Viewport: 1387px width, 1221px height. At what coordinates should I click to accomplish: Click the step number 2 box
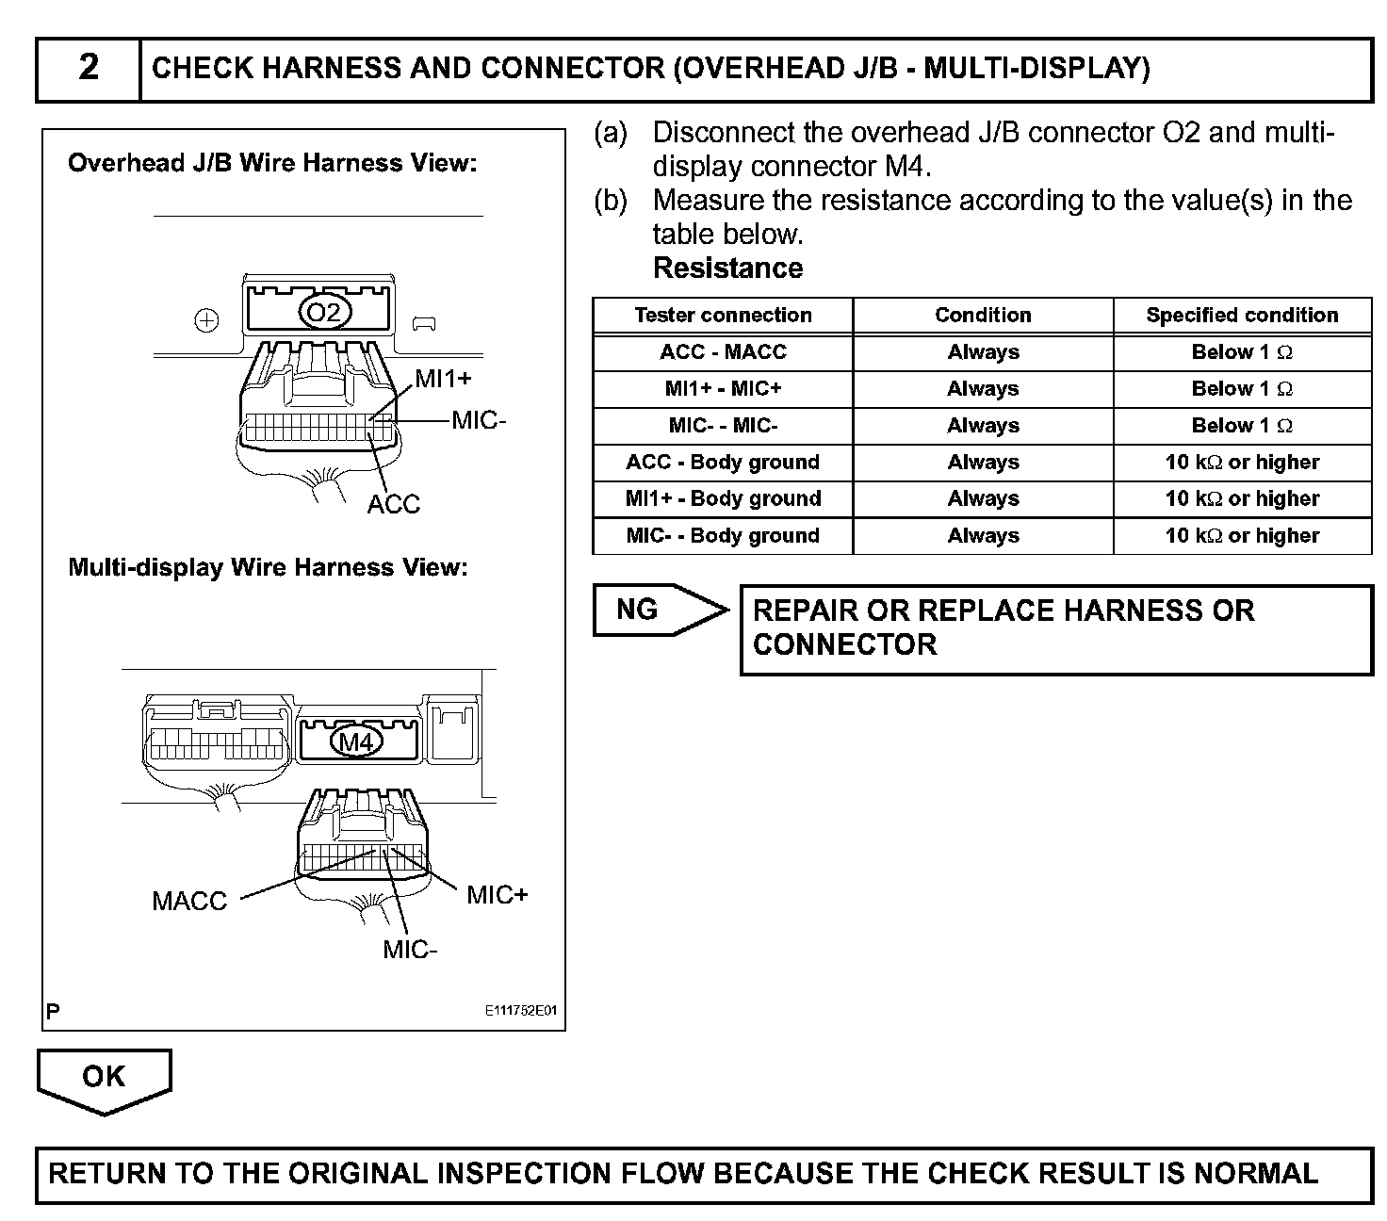coord(88,69)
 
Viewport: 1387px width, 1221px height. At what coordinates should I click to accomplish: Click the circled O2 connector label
coord(324,313)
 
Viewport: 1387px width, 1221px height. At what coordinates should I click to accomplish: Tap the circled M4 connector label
coord(356,742)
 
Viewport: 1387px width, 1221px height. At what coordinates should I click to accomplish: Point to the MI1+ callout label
coord(443,379)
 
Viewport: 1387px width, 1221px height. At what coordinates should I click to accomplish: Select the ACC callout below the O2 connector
coord(393,504)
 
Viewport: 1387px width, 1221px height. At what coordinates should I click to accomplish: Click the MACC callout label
coord(189,902)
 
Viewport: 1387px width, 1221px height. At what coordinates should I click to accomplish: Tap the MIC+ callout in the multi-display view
coord(498,895)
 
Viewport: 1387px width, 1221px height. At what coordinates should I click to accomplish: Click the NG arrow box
coord(660,610)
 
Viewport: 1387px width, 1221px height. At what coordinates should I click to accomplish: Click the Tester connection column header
coord(723,316)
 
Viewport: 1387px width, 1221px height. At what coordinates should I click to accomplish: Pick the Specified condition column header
coord(1242,316)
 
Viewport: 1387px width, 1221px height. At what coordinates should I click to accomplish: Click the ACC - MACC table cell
coord(723,352)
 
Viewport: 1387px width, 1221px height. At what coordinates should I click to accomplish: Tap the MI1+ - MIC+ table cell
coord(723,389)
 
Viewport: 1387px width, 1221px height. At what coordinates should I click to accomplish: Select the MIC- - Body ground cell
coord(723,536)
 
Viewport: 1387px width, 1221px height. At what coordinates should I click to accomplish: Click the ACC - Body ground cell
coord(723,463)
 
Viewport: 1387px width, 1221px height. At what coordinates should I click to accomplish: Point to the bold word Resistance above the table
coord(727,269)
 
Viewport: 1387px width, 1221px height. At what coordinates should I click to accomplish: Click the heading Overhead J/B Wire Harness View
coord(272,164)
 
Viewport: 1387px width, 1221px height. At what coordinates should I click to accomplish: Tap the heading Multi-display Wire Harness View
coord(268,568)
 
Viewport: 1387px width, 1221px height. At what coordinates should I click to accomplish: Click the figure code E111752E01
coord(521,1011)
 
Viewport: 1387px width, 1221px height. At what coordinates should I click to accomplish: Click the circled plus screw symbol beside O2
coord(206,321)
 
